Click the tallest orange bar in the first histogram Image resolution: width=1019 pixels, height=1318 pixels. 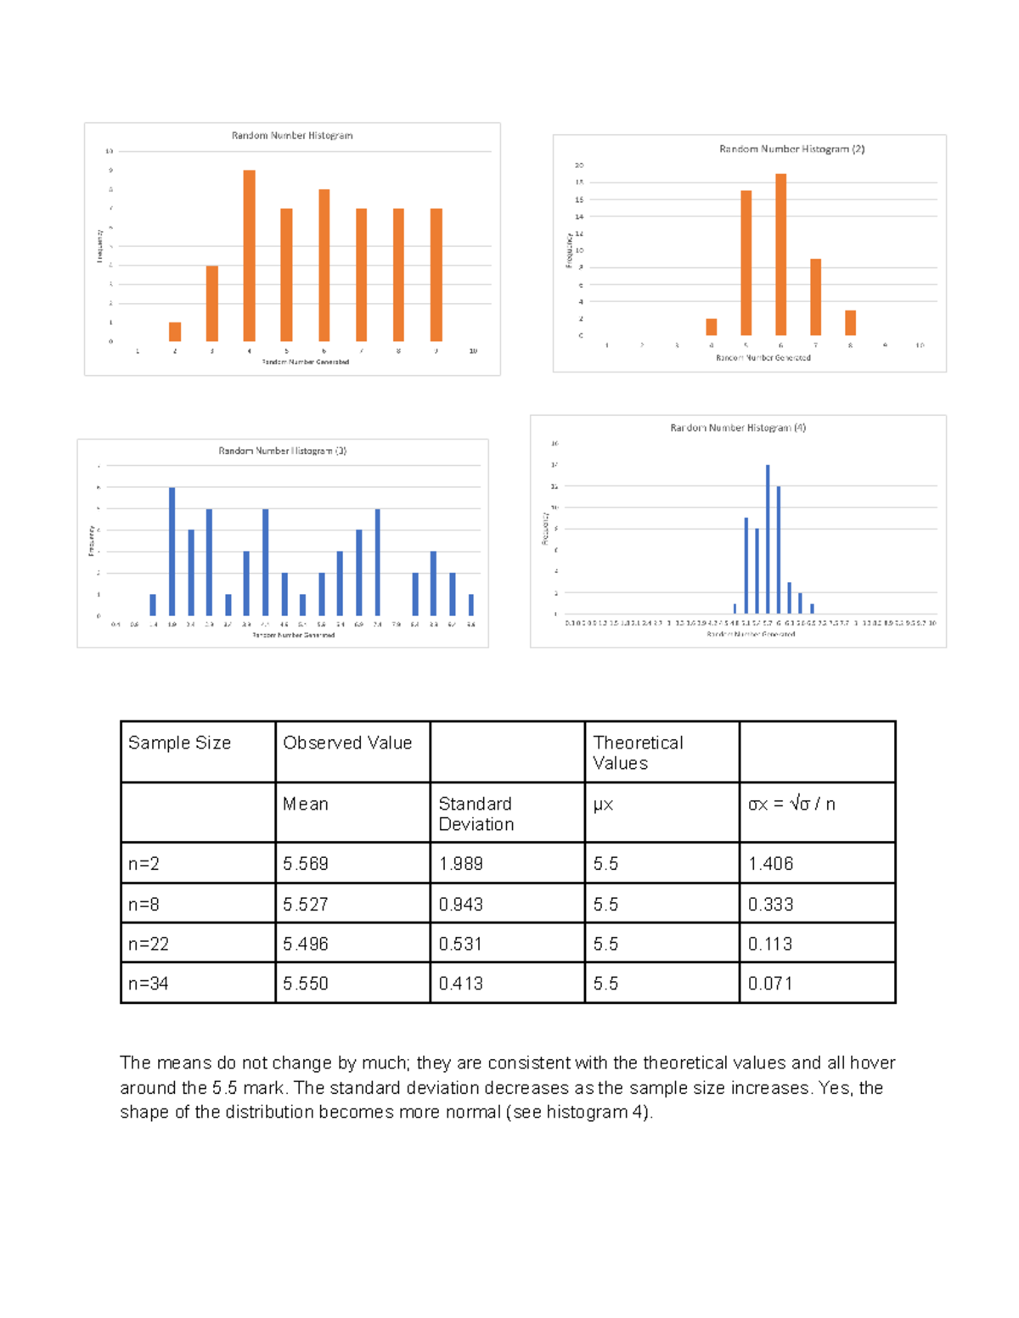coord(249,255)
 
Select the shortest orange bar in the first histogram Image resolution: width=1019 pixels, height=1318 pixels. coord(175,332)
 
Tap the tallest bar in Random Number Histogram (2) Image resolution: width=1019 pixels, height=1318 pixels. coord(780,255)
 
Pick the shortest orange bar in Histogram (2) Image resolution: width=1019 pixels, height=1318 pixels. coord(712,327)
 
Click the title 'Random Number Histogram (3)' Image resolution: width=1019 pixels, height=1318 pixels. coord(282,451)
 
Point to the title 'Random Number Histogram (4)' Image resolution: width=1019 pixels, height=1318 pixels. coord(737,428)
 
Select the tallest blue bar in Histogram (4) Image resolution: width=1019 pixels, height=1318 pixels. coord(768,538)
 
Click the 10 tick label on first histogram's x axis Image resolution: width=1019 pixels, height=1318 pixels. coord(473,351)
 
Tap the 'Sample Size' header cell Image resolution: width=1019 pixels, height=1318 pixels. coord(179,743)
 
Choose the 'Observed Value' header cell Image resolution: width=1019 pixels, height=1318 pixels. coord(347,743)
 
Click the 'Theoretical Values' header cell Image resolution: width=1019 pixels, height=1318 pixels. coord(638,752)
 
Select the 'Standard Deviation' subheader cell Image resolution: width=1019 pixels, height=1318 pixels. coord(476,813)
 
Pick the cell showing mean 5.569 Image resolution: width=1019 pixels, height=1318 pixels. coord(306,863)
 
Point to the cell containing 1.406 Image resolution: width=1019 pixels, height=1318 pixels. coord(770,863)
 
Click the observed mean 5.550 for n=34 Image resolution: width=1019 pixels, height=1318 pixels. coord(306,983)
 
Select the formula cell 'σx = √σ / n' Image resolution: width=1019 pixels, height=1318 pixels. coord(791,804)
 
